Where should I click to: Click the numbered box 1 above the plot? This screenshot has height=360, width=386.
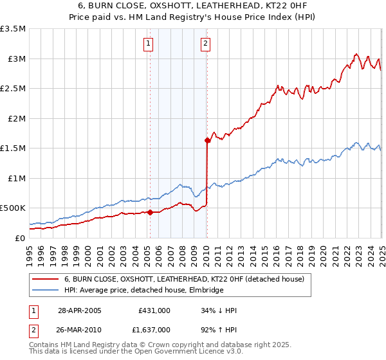tap(149, 44)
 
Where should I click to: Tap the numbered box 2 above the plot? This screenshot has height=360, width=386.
tap(205, 44)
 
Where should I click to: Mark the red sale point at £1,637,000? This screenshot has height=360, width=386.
tap(207, 140)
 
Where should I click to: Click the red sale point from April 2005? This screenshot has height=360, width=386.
tap(150, 212)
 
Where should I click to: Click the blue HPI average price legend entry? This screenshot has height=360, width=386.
tap(143, 291)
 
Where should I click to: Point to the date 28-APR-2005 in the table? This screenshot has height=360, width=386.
tap(80, 310)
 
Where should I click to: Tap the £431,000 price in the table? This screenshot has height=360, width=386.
tap(154, 310)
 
